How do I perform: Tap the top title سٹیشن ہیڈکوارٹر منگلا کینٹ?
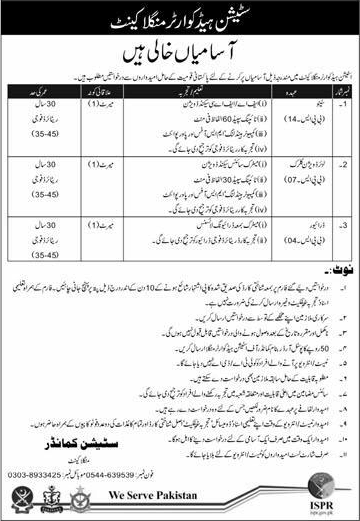tap(181, 17)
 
